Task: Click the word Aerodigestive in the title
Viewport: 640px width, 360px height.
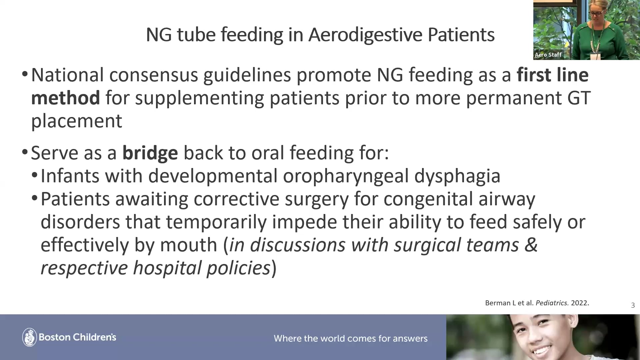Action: pos(365,35)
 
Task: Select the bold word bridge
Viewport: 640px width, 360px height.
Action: pos(150,153)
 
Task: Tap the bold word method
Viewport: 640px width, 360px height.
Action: pos(65,98)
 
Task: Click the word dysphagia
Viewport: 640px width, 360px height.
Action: pos(457,176)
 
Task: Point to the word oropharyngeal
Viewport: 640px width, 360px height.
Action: pos(346,176)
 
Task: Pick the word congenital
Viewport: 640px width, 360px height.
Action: pos(428,199)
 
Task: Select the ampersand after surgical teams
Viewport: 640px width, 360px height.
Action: pos(531,245)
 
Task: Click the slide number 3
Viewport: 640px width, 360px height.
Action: pos(633,305)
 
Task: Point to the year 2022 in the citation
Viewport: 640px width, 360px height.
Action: pos(580,303)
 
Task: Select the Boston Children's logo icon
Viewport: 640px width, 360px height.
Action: pos(29,337)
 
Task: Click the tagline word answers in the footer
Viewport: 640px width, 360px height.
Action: pos(410,339)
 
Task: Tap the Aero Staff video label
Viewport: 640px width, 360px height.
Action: pos(548,55)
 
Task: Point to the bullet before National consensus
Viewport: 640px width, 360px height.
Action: pos(25,75)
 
